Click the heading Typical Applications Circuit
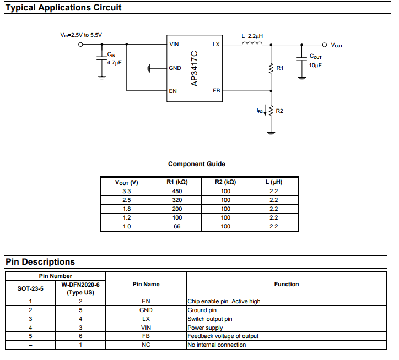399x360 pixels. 63,8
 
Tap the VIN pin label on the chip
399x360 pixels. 174,44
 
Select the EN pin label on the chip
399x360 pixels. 173,91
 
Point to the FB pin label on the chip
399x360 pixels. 216,91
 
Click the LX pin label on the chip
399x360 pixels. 216,44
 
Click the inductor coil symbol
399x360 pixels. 252,43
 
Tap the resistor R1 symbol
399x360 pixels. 271,68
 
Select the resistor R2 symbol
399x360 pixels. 271,111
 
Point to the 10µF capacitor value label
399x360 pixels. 315,65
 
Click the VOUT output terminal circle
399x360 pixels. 324,45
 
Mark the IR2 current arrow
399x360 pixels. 265,111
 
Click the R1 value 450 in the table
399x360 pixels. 177,191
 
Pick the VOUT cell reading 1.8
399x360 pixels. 127,209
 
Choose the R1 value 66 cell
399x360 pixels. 177,226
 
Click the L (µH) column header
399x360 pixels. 274,182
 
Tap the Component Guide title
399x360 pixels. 197,164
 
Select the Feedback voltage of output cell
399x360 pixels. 223,336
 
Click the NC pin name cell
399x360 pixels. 146,345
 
